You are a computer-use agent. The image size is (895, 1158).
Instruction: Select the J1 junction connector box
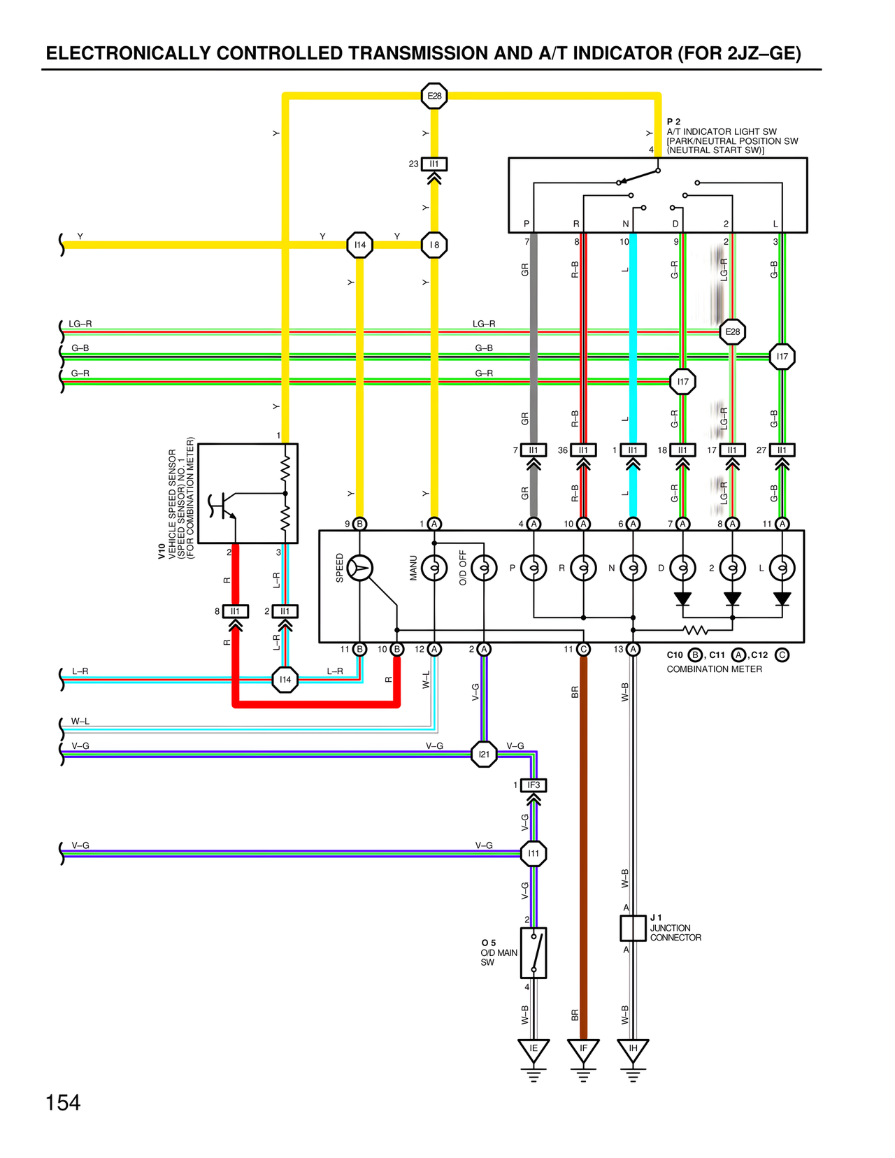point(633,928)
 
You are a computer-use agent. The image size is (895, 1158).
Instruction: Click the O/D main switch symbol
point(534,952)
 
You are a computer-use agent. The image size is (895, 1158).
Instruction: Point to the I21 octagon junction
point(484,755)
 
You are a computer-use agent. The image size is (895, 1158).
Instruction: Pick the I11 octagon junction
point(534,853)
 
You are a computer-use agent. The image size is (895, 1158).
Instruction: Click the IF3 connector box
point(534,785)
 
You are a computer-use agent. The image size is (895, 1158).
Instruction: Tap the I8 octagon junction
point(434,245)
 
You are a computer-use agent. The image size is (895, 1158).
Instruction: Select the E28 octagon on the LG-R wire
point(732,331)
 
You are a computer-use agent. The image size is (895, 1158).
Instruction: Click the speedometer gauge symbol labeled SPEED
point(359,568)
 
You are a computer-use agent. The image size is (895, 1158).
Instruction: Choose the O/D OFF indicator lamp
point(484,568)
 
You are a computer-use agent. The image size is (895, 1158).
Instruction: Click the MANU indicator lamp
point(434,568)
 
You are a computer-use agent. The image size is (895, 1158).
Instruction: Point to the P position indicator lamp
point(534,568)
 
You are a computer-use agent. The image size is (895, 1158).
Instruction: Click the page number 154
point(63,1103)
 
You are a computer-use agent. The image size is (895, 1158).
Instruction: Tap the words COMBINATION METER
point(714,669)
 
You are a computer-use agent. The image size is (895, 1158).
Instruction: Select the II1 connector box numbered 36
point(583,450)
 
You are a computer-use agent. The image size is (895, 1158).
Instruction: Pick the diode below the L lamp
point(782,599)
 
